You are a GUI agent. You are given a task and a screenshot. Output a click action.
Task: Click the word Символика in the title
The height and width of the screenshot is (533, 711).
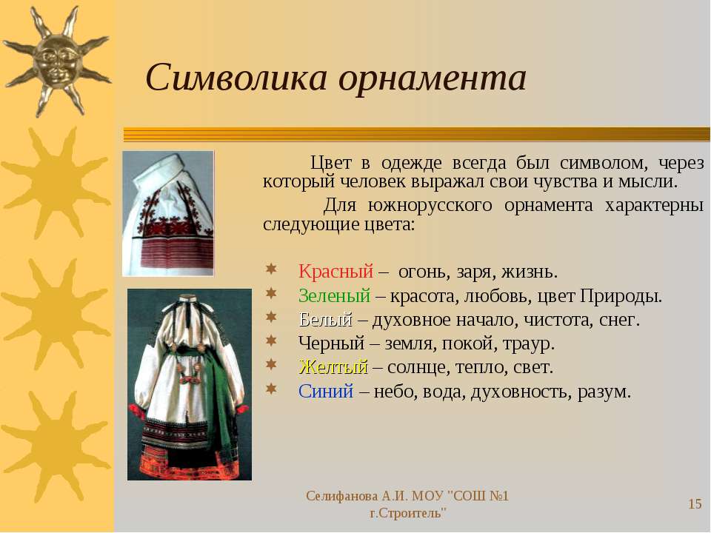236,78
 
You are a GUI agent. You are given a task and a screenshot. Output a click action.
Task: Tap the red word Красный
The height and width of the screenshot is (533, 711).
336,272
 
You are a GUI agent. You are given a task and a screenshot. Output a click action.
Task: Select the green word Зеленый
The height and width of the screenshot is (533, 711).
334,295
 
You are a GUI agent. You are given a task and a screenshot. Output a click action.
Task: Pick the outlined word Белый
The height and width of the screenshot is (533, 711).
326,320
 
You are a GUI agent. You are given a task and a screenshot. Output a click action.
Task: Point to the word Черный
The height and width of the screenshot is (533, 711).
332,343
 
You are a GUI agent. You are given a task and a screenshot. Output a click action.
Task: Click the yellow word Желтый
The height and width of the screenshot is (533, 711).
333,366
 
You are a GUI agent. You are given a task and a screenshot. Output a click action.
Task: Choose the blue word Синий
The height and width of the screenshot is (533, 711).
326,391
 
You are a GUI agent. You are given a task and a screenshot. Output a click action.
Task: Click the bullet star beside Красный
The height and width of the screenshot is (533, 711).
271,269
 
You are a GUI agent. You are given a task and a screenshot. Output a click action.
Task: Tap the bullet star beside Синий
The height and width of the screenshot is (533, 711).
271,389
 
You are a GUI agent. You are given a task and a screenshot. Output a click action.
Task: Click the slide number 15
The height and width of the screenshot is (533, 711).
695,504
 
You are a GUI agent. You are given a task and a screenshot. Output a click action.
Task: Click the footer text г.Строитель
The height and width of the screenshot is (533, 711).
407,514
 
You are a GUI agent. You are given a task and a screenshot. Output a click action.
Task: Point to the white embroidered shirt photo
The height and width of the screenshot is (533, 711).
168,213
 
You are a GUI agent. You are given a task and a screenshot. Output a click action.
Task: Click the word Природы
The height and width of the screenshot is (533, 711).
621,296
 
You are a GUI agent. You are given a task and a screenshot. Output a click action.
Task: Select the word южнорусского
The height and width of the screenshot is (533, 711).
430,206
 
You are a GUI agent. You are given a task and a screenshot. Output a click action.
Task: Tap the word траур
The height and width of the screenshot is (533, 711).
529,344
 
